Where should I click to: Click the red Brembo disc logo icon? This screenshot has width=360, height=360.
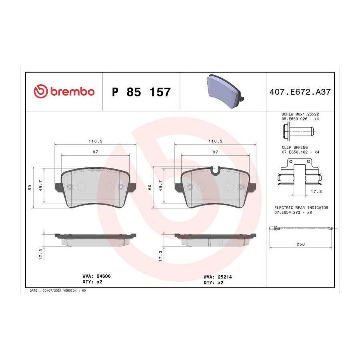41,91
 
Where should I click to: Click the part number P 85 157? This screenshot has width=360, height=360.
141,92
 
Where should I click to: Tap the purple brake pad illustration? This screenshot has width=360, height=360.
225,91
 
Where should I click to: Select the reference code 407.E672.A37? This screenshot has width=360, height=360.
300,92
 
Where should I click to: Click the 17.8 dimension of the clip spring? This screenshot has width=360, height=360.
316,192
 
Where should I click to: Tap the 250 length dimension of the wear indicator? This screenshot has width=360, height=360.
300,244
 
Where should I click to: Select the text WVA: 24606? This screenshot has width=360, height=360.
96,276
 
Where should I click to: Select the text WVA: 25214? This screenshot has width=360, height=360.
218,277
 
